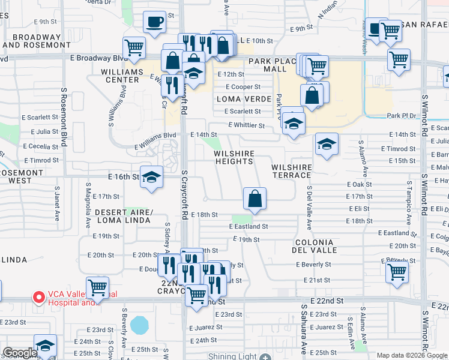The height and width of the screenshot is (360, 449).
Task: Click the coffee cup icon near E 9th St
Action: [x=154, y=22]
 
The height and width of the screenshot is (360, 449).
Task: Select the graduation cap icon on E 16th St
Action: [x=152, y=177]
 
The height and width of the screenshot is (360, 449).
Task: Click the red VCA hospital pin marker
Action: [x=39, y=297]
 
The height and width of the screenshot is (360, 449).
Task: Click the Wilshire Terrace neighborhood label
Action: [x=291, y=171]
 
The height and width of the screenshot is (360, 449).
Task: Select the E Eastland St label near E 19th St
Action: [x=248, y=227]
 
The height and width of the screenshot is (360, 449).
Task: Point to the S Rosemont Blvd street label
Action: [x=63, y=117]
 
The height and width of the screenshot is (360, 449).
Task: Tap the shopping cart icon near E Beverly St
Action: [x=397, y=271]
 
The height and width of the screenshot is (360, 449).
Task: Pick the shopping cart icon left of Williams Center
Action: [x=134, y=47]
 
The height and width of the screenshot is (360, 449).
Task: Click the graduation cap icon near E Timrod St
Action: [x=327, y=144]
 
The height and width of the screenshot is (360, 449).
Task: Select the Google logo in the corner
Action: [x=20, y=353]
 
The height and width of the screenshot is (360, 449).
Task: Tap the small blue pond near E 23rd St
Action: [x=140, y=325]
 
